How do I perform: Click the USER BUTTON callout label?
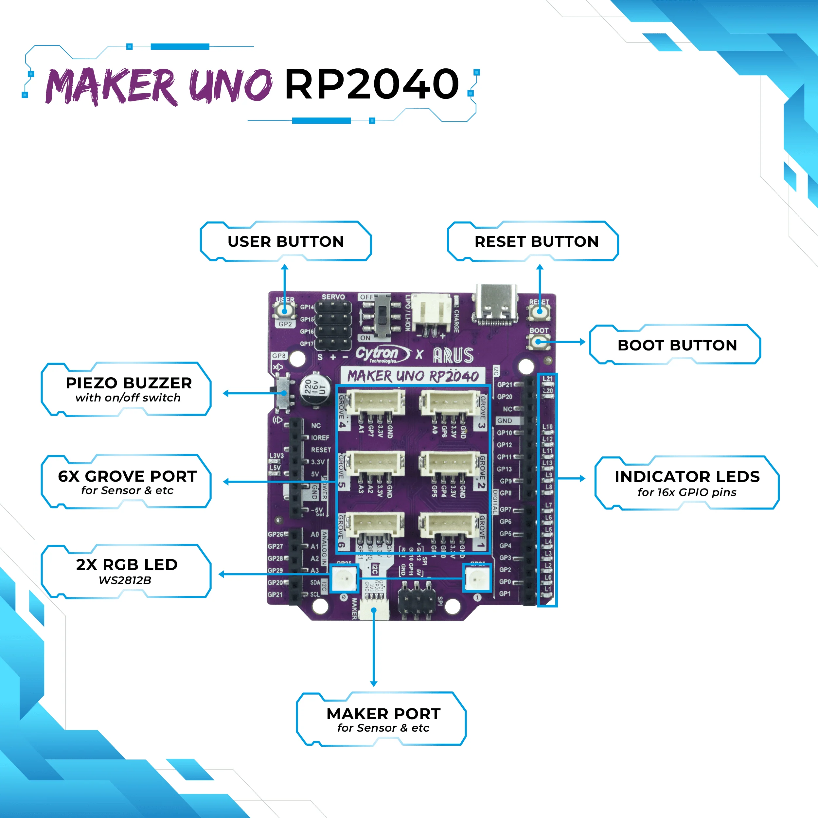click(286, 241)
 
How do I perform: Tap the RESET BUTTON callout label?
click(536, 241)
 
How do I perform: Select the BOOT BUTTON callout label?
click(677, 345)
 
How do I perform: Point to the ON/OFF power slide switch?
click(383, 317)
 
